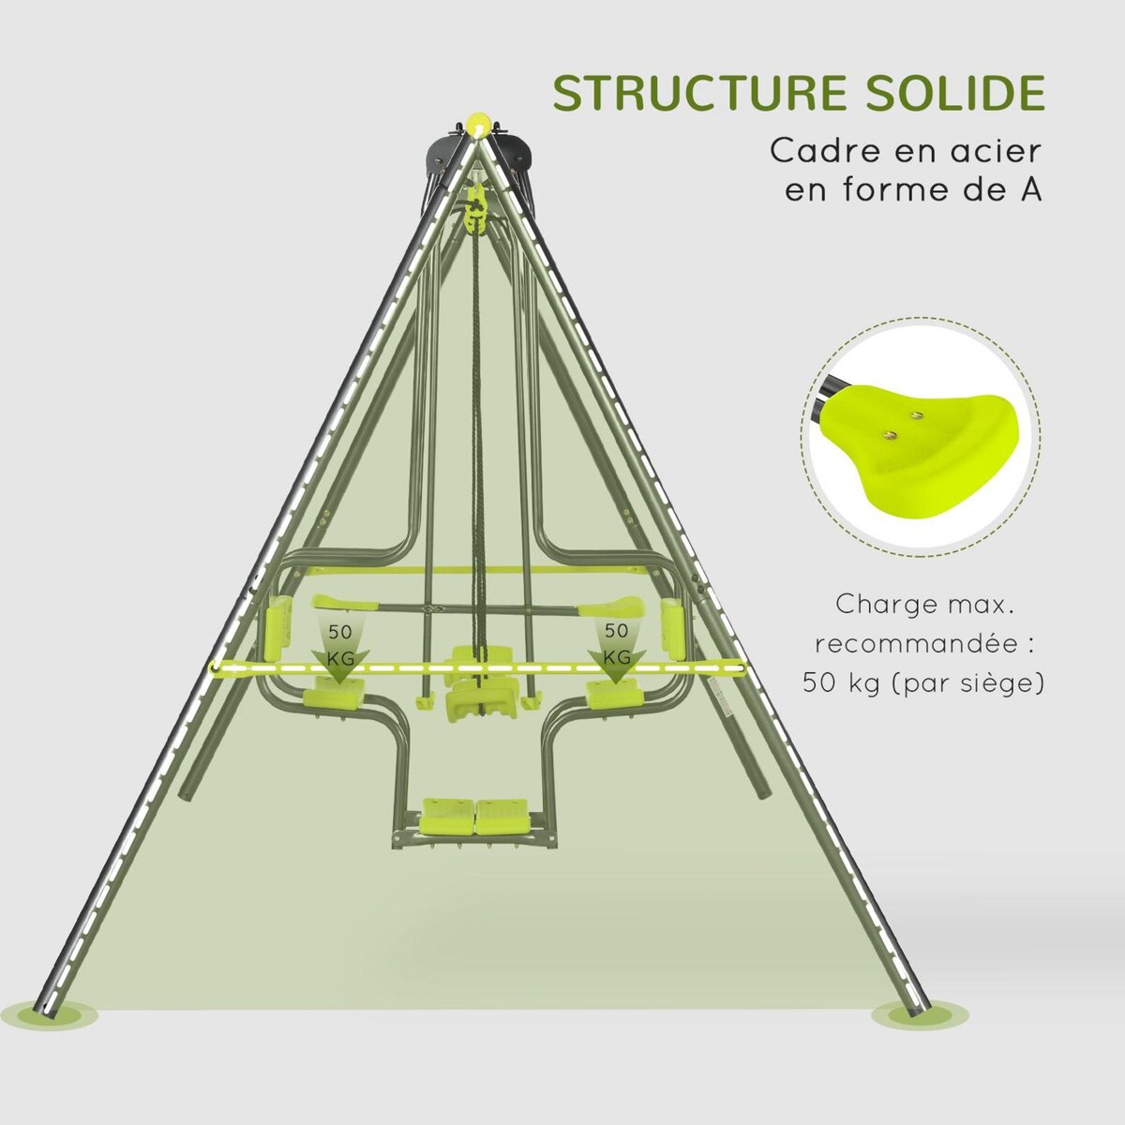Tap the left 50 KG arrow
[x=338, y=647]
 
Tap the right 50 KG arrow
[x=616, y=647]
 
